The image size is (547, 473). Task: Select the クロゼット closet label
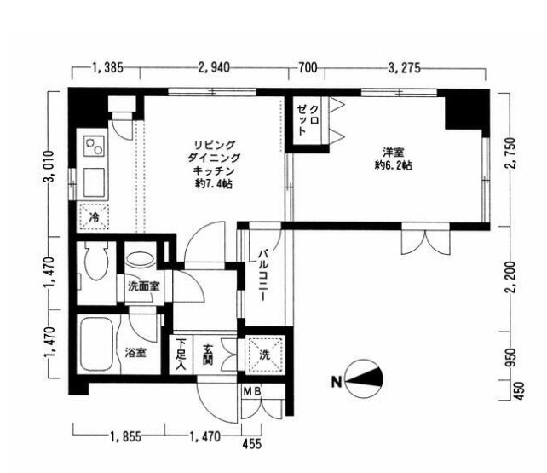tap(308, 120)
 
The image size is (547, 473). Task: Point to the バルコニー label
tap(262, 275)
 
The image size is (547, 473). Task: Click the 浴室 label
tap(135, 353)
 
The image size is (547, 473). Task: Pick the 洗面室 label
tap(144, 286)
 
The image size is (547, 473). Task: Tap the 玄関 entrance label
tap(209, 355)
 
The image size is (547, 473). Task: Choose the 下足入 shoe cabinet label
tap(181, 355)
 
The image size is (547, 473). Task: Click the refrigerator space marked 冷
tap(94, 217)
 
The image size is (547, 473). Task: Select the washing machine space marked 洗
tap(264, 355)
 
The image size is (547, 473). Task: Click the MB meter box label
tap(252, 392)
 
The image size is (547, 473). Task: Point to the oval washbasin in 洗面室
tap(141, 260)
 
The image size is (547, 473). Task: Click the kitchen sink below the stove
tap(94, 182)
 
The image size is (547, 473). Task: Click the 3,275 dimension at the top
tap(405, 68)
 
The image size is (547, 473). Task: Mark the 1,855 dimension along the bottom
tap(126, 436)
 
